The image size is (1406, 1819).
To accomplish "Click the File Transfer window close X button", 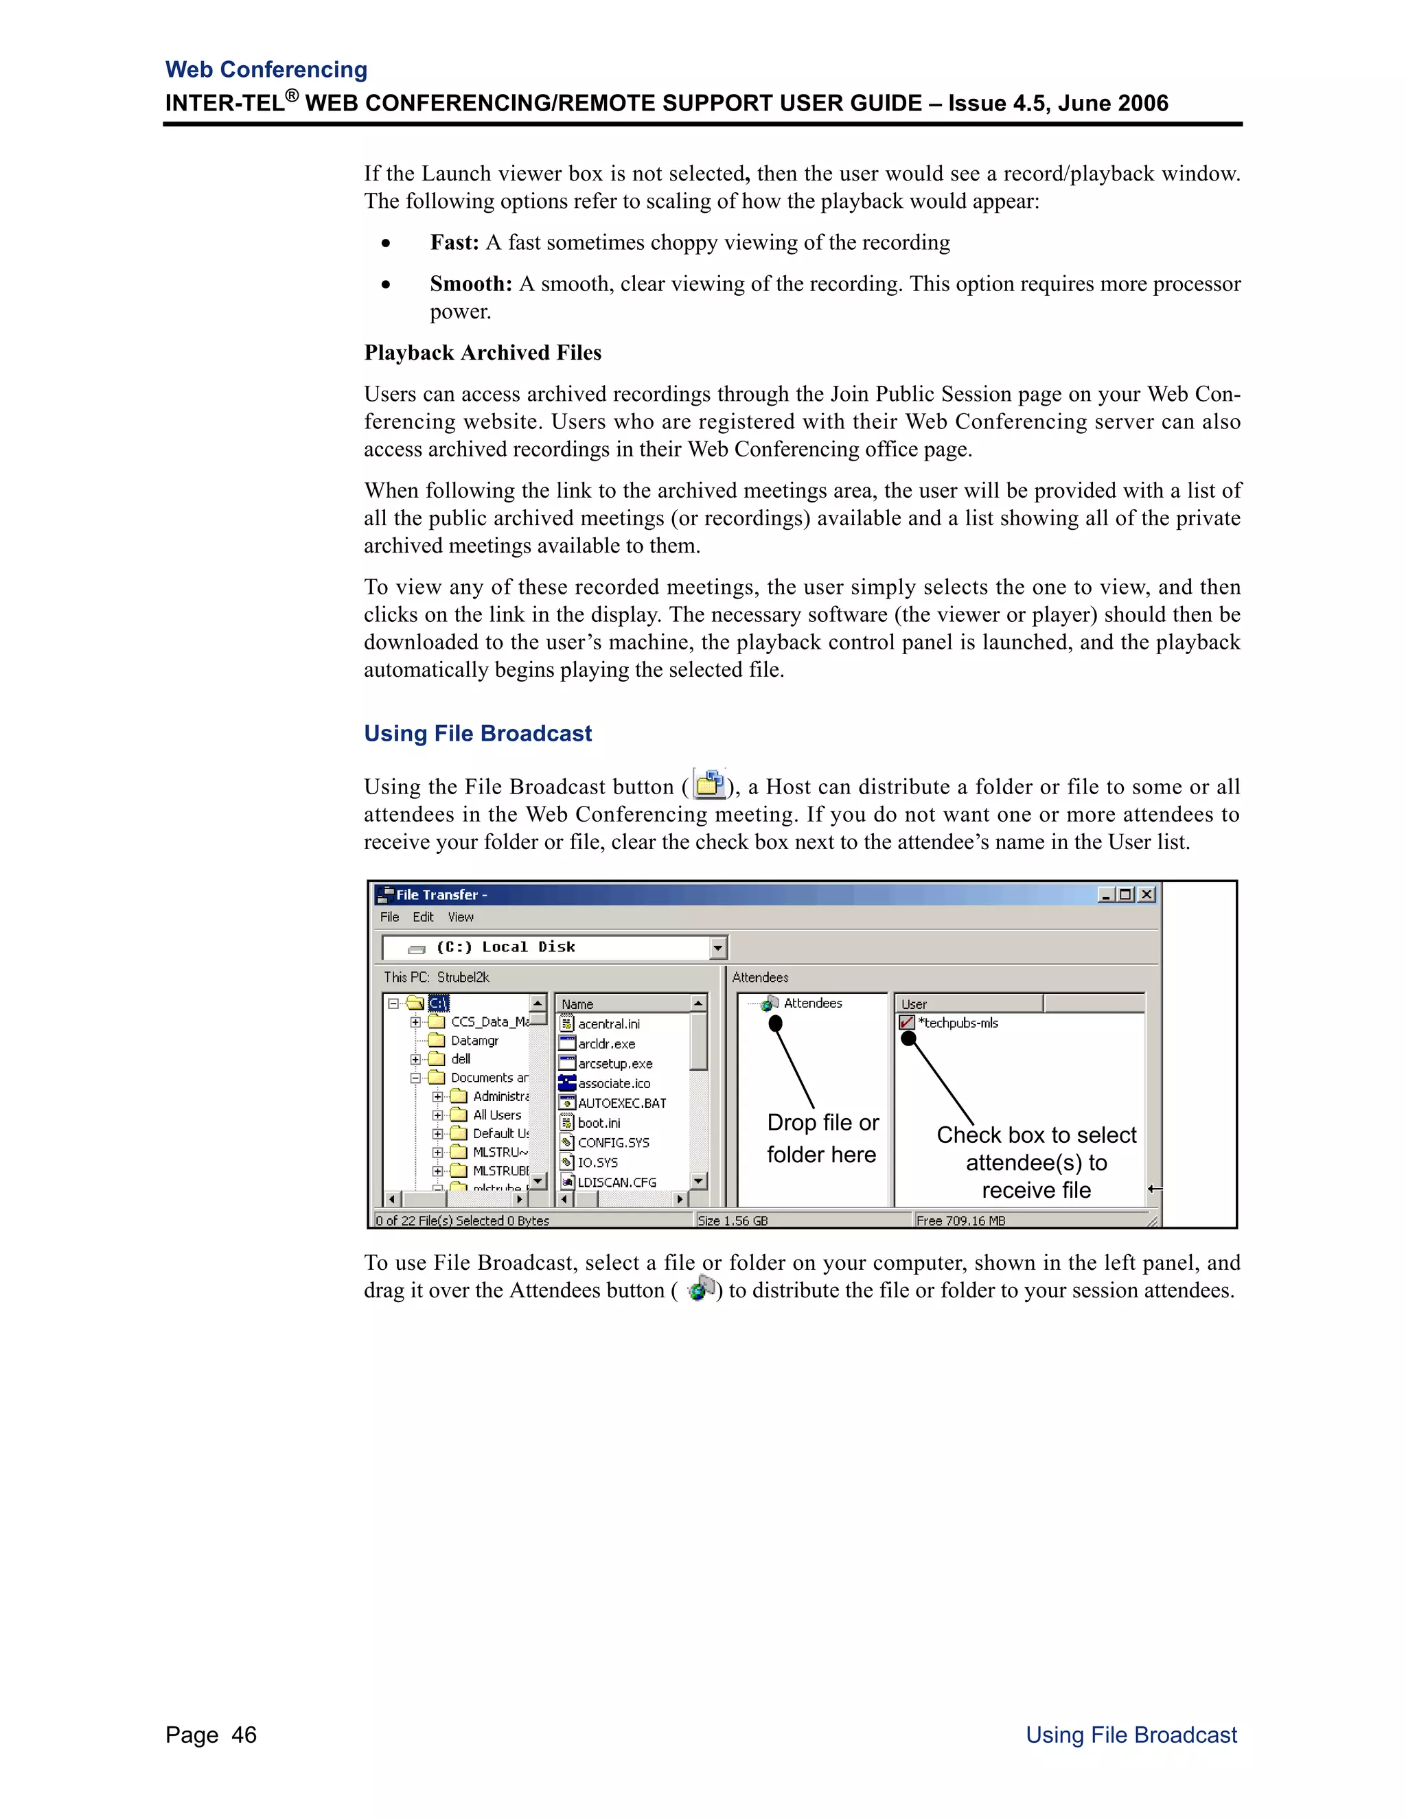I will coord(1147,894).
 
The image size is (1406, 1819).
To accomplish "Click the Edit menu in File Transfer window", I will coord(423,917).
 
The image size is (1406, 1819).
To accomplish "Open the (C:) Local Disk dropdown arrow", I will coord(718,948).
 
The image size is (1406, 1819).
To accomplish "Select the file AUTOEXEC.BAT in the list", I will coord(621,1104).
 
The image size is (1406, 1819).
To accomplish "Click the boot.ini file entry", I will coord(599,1124).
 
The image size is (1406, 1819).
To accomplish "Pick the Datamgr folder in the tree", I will coord(474,1041).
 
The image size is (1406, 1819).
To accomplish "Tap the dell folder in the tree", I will coord(461,1059).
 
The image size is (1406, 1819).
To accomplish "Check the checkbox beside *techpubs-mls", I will coord(907,1023).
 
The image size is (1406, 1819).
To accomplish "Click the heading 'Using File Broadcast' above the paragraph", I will coord(477,734).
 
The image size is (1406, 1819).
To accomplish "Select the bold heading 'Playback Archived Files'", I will coord(482,353).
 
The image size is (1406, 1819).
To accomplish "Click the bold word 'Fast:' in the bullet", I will coord(454,242).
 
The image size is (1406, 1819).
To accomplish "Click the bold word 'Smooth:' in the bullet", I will coord(470,284).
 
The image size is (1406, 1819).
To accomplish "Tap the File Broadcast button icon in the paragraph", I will coord(708,785).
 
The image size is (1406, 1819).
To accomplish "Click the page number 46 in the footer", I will coord(244,1735).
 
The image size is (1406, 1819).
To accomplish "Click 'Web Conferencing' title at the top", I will coord(266,70).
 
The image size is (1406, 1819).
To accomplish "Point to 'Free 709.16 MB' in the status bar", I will coord(960,1221).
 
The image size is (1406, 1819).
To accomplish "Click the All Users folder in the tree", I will coord(496,1115).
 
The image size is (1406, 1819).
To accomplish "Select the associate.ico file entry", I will coord(614,1084).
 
